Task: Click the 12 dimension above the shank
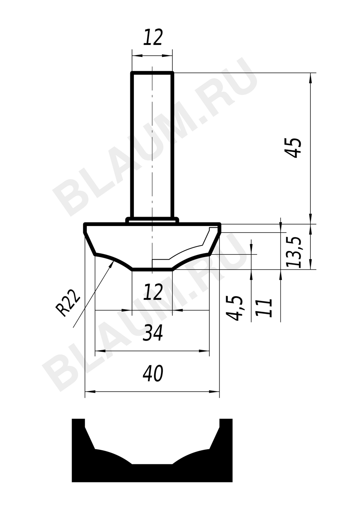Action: tap(153, 37)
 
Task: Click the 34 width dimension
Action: tap(153, 333)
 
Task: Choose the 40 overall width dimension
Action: tap(153, 374)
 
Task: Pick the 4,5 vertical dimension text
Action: tap(234, 308)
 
